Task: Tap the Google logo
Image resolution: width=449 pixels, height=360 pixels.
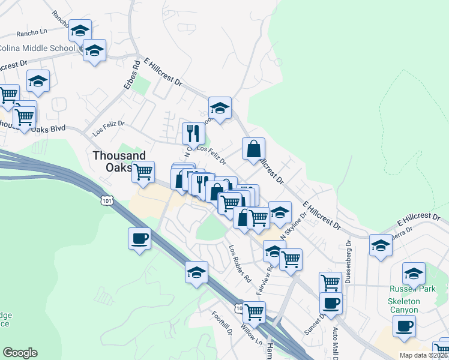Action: [20, 353]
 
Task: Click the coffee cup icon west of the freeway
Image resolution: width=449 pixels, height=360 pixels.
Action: [139, 239]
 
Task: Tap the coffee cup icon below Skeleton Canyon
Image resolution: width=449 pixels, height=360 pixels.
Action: [404, 326]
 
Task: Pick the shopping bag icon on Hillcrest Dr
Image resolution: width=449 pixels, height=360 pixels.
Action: [254, 148]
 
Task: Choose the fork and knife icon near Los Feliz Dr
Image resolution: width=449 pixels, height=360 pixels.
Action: [193, 133]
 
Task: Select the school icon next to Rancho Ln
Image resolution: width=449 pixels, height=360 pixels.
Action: [79, 30]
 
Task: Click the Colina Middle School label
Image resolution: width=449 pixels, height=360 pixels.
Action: [36, 48]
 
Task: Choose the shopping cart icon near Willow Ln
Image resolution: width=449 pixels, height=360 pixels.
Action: [254, 311]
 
